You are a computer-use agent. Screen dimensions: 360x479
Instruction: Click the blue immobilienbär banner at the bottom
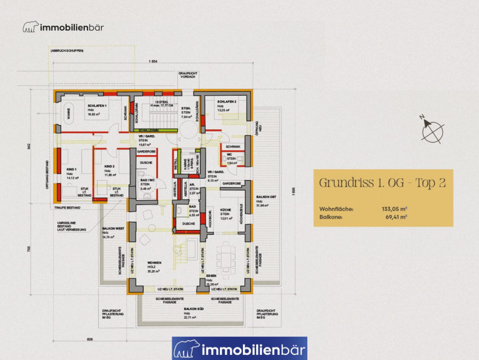tap(239, 348)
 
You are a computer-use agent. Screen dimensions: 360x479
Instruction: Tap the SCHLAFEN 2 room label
tap(226, 102)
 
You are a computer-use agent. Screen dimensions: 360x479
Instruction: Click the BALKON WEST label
tap(114, 229)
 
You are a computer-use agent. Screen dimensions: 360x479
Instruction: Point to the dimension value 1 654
tap(152, 61)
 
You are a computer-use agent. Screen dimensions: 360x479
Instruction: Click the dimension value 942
tap(29, 147)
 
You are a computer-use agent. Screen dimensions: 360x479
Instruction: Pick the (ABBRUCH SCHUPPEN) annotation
tap(66, 50)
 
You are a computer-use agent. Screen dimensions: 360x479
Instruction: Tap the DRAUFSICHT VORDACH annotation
tap(187, 74)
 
